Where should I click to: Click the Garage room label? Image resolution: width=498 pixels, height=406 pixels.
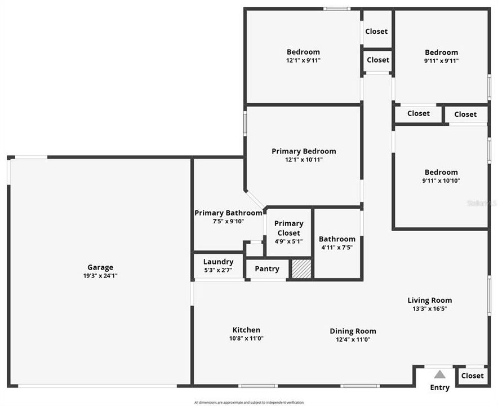(100, 267)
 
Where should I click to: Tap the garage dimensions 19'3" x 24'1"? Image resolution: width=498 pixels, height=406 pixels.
(100, 276)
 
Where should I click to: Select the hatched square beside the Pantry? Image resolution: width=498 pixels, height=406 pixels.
(301, 269)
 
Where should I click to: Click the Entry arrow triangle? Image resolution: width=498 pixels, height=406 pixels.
(440, 374)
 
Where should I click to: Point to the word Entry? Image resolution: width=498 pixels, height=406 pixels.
(440, 387)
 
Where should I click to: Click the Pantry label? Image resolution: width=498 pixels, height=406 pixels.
(267, 269)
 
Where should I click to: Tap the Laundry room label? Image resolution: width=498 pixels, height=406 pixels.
(218, 262)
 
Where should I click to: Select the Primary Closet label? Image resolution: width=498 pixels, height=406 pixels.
(288, 228)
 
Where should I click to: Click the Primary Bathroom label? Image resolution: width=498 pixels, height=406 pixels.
(228, 213)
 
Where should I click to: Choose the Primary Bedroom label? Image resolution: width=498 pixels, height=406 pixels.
(304, 151)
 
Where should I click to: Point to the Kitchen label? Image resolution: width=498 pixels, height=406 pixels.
(247, 330)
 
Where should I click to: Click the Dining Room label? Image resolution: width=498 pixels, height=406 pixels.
(353, 331)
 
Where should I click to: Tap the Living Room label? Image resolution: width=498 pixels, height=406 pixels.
(430, 301)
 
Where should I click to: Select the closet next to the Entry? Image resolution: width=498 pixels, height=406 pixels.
(472, 376)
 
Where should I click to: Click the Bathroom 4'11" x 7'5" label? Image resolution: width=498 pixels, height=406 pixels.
(337, 239)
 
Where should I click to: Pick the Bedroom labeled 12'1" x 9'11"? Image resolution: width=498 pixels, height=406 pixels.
(303, 52)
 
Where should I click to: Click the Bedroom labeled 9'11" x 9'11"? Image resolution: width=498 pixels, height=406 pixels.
(441, 52)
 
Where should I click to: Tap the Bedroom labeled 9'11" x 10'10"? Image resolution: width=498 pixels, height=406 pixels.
(441, 172)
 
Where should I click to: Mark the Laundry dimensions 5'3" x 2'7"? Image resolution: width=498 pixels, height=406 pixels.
(218, 271)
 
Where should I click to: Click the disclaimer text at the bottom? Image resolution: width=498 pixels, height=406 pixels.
(249, 403)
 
